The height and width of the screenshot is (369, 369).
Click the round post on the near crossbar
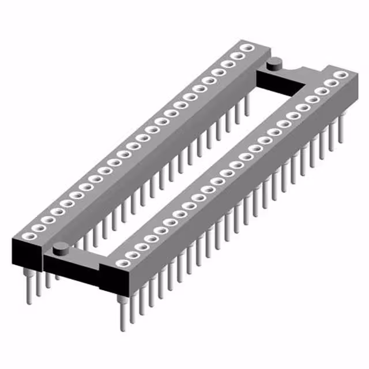60,248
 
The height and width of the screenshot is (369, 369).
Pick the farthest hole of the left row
248,48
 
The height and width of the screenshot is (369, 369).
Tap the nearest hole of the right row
121,263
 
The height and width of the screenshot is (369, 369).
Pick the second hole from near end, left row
36,228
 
